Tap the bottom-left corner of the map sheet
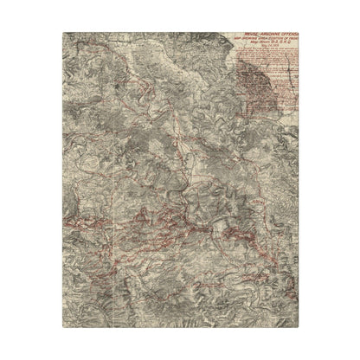click(x=65, y=330)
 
